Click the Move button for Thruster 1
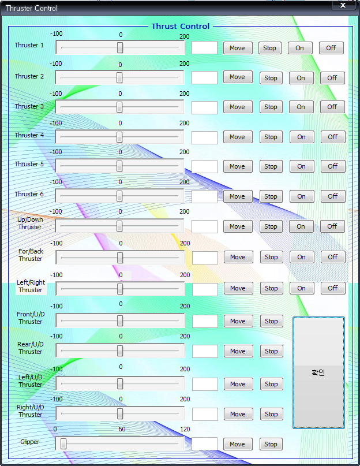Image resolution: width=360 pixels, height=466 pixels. [237, 48]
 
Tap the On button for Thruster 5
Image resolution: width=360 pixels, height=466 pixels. [301, 166]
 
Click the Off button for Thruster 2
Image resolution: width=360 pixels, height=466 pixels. [332, 78]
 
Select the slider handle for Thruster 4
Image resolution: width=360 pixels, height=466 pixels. [119, 137]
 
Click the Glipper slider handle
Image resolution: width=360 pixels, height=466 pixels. [63, 443]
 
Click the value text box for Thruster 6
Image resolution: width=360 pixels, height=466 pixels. [204, 197]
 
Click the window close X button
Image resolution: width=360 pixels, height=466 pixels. [343, 5]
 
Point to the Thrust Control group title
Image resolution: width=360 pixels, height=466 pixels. [180, 26]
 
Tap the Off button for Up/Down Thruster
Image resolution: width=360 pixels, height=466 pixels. [332, 226]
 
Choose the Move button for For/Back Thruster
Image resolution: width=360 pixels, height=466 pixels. [238, 257]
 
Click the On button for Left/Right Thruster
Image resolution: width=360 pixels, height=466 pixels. [301, 288]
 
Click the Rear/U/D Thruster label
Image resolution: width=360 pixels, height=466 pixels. [30, 348]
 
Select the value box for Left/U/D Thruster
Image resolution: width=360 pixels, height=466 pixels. [205, 384]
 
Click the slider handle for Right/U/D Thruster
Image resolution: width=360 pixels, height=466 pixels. [120, 413]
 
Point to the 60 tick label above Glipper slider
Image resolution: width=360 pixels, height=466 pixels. [122, 429]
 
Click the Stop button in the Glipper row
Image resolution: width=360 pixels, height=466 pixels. [271, 444]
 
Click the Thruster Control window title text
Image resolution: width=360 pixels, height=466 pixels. [31, 8]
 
